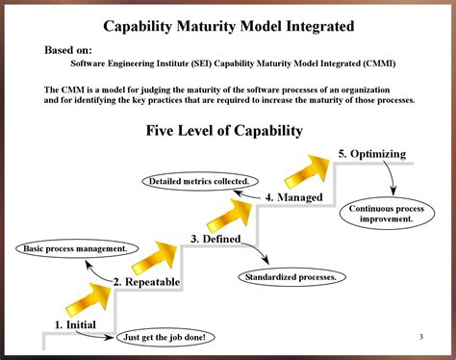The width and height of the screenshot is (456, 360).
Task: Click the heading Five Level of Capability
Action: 224,130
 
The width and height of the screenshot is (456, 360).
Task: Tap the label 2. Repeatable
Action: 146,281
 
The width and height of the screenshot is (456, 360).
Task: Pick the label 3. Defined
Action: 215,239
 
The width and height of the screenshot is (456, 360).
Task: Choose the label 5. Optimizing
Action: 371,154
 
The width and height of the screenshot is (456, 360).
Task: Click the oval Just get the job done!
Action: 165,337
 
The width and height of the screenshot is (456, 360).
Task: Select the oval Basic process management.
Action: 75,249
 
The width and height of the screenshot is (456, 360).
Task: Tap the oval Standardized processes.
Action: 291,277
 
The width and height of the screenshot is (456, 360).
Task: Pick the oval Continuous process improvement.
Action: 387,213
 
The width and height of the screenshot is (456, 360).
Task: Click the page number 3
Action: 421,336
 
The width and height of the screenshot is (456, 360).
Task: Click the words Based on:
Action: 68,49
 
